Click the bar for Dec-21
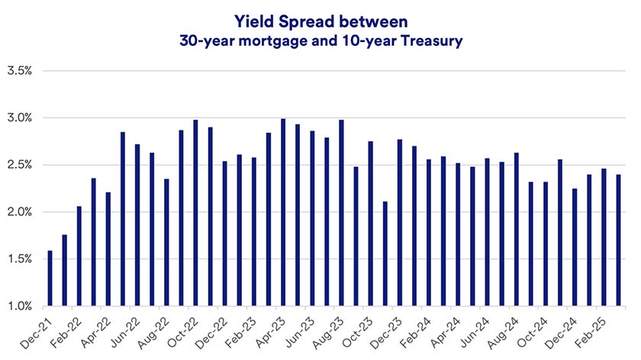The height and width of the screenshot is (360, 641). point(50,278)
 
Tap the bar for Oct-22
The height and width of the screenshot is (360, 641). point(196,213)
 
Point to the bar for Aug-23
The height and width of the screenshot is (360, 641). point(341,213)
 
